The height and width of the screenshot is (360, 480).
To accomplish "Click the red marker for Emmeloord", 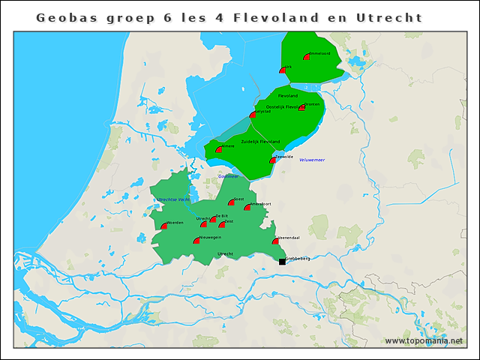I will tap(307, 57).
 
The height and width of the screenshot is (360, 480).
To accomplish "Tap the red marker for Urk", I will tap(283, 70).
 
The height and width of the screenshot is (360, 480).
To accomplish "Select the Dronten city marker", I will tap(301, 108).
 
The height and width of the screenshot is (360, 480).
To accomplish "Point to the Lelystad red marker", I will tap(253, 115).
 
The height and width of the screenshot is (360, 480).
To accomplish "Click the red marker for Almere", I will tap(219, 150).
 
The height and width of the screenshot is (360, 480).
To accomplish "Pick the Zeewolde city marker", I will tap(273, 160).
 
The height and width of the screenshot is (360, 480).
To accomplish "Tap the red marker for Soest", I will tap(231, 202).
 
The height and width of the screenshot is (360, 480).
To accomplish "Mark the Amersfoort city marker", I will tap(247, 207).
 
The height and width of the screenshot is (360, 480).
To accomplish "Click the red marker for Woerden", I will tap(164, 226).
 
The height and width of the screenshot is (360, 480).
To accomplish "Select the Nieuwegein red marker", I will tap(196, 241).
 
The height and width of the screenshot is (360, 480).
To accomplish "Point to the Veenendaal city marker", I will tap(276, 241).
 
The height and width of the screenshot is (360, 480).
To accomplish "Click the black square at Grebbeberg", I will tap(282, 261).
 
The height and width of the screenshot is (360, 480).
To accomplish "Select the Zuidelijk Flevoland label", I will tap(260, 142).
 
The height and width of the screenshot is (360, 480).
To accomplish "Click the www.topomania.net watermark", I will tap(424, 340).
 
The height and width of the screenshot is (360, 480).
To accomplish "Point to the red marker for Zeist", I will tap(222, 224).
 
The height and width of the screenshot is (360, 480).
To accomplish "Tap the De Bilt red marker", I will tap(213, 220).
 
